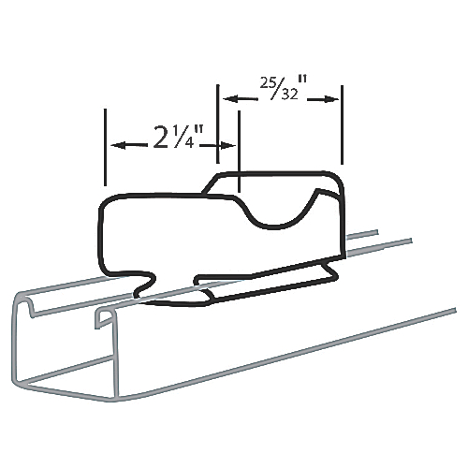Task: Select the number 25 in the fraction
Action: coord(267,83)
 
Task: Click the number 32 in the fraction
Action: coord(290,95)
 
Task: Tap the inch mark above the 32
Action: coord(302,80)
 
